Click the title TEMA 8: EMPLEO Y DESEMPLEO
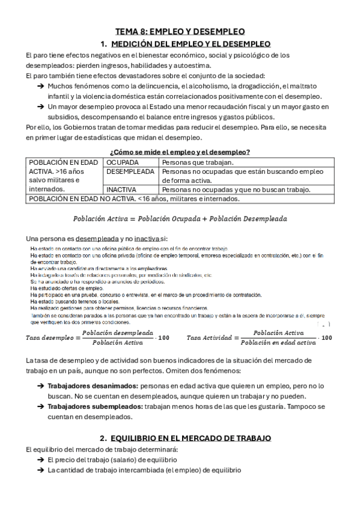pos(180,32)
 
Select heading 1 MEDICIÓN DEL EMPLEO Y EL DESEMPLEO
pos(185,44)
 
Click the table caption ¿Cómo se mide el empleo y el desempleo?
pos(180,152)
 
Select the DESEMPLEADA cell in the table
pos(130,172)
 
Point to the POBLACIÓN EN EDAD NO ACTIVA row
pos(135,199)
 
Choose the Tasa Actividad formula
pos(260,337)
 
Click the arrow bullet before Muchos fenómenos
pos(40,86)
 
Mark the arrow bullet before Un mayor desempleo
pos(40,107)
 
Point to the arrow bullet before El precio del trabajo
pos(40,460)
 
